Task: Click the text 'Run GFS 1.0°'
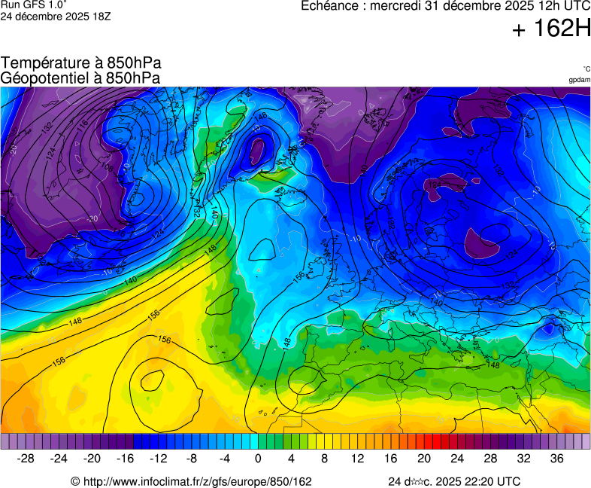35,5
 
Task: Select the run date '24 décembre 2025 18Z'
56,16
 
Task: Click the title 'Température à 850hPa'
81,63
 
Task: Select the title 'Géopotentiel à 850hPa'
80,78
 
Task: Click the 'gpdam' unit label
579,80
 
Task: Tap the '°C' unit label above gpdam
586,69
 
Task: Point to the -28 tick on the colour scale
26,459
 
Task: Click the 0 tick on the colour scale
258,459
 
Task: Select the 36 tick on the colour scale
556,459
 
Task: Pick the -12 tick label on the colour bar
158,459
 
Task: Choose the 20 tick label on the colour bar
424,459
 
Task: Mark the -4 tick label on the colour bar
224,459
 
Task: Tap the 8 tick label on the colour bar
324,459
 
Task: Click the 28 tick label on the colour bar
490,459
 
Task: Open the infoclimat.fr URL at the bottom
197,481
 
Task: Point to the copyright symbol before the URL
75,481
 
